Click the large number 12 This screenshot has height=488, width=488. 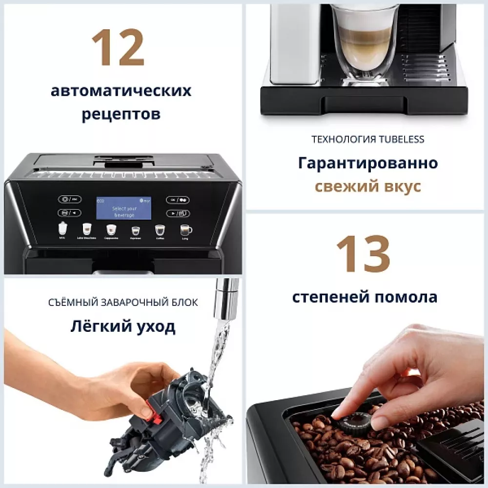coord(118,48)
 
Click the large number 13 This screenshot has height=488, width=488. coord(364,254)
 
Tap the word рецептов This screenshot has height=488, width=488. coord(121,114)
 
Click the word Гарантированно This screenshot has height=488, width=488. coord(367,163)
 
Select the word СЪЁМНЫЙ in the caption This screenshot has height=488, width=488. coord(73,303)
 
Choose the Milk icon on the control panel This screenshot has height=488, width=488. coord(62,228)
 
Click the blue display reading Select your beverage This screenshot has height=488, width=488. coord(124,208)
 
